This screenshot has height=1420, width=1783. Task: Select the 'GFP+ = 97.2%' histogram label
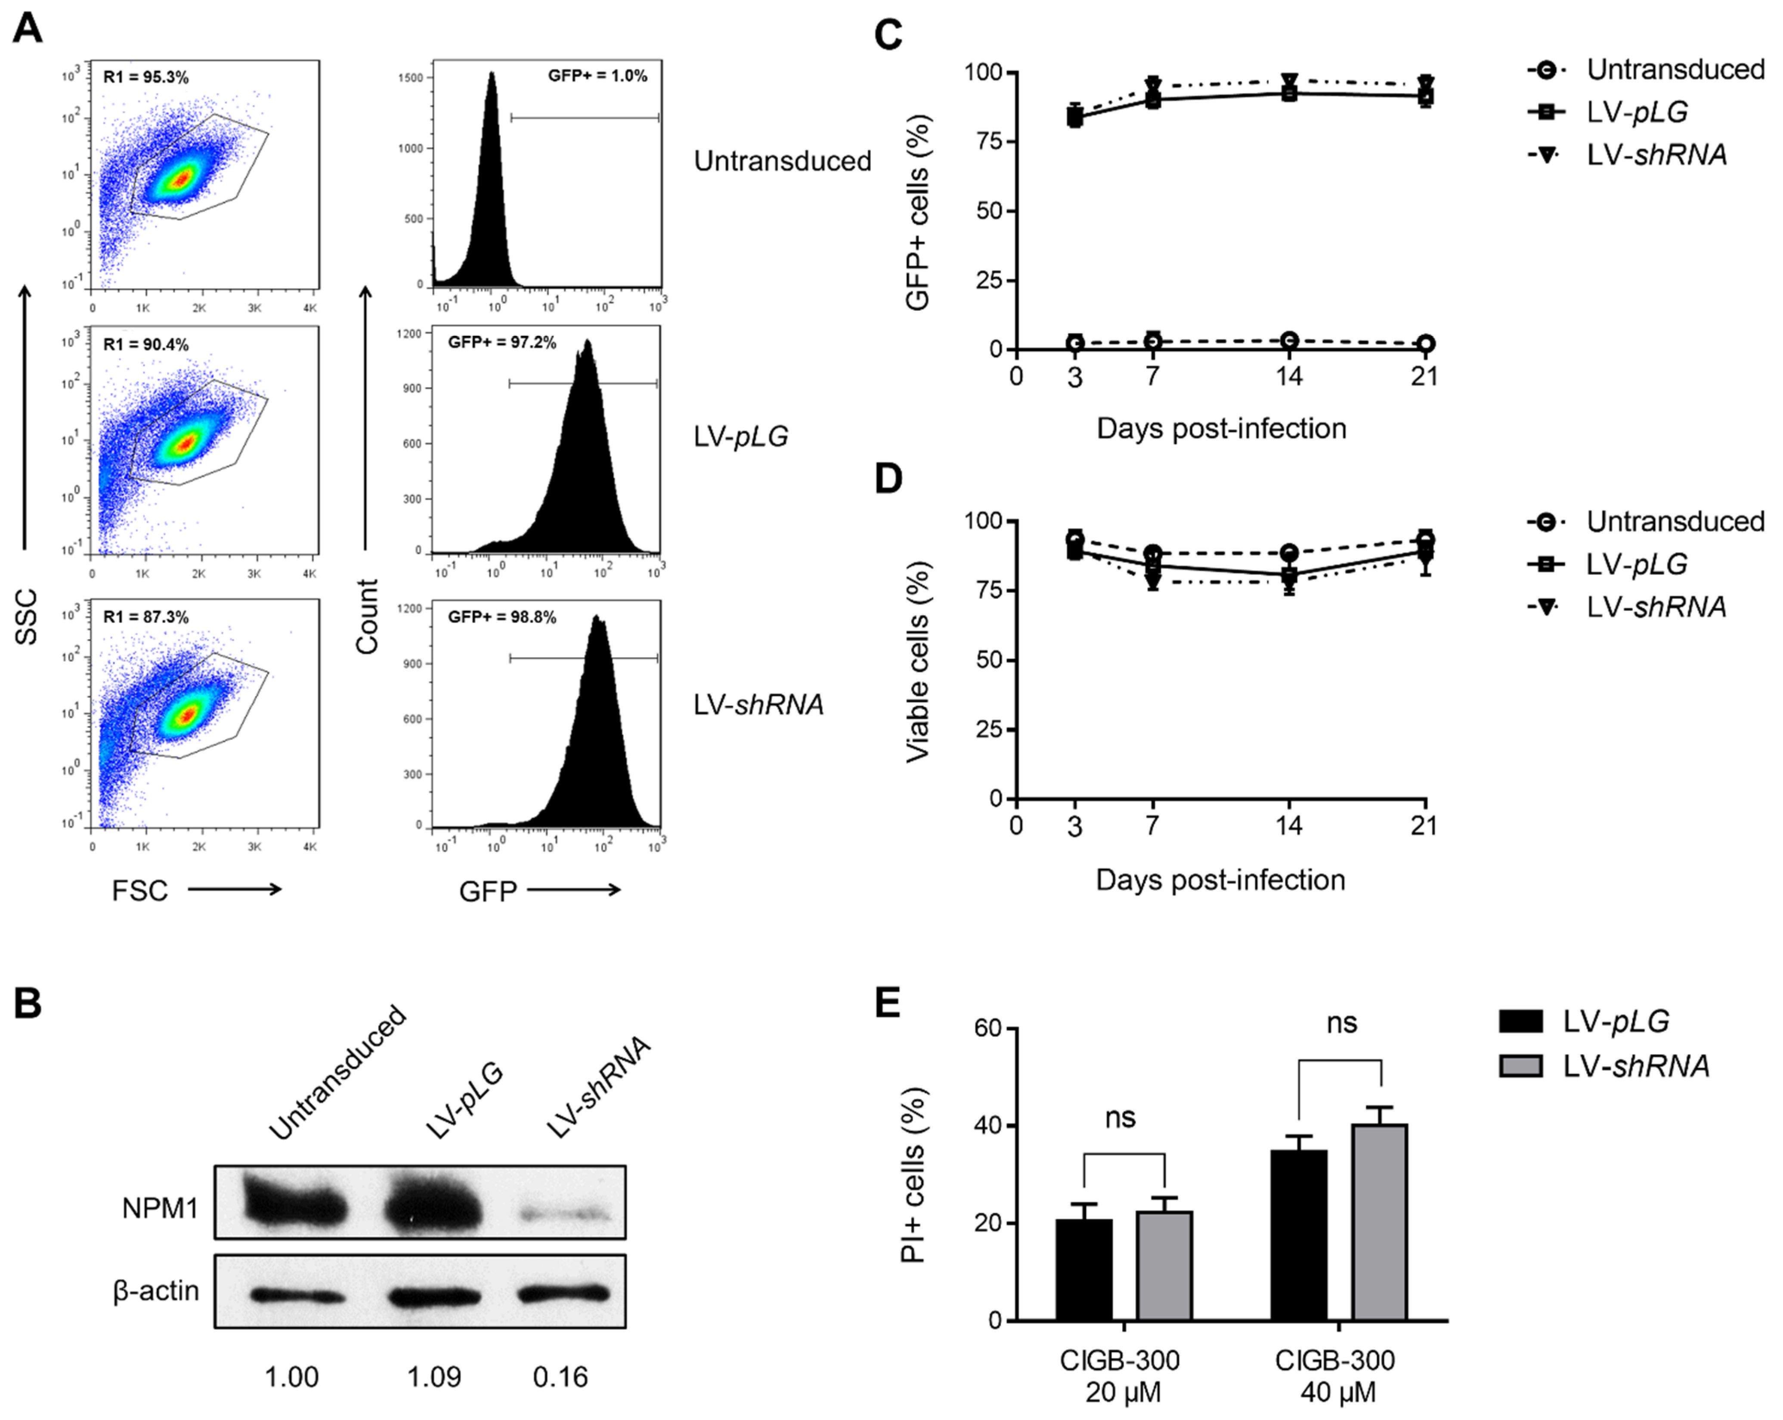click(x=502, y=342)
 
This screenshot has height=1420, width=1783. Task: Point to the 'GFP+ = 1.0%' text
click(x=597, y=76)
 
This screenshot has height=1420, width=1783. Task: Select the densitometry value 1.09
click(x=434, y=1377)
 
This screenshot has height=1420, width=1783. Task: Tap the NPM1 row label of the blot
click(x=160, y=1208)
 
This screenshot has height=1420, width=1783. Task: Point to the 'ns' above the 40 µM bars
click(x=1341, y=1023)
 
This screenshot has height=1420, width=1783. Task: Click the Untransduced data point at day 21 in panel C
click(x=1424, y=343)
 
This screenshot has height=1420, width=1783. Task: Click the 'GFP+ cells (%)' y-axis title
click(x=918, y=212)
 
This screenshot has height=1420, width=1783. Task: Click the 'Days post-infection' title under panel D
click(x=1221, y=879)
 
